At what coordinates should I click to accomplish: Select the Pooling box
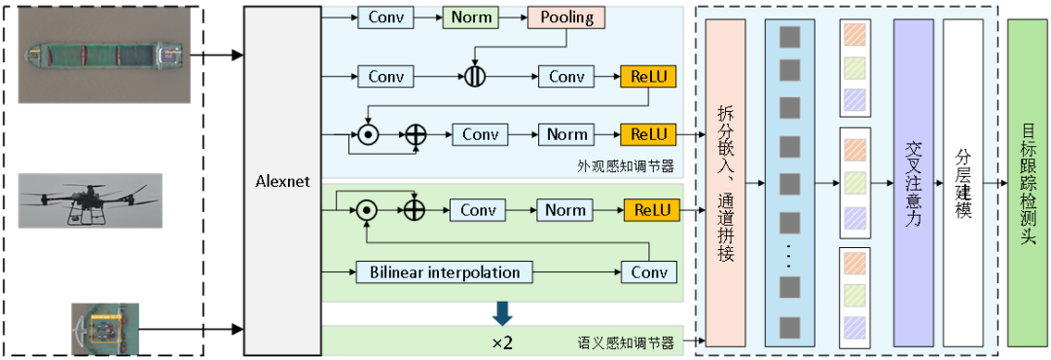point(566,18)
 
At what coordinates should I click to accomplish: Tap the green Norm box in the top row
point(471,18)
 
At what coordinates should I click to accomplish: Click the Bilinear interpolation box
point(445,272)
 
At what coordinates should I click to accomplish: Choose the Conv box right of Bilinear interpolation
point(649,272)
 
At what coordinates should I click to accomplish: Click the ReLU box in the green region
point(649,210)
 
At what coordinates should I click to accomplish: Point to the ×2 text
point(502,342)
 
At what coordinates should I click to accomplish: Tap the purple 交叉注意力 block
point(913,181)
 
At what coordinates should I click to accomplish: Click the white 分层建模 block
point(963,181)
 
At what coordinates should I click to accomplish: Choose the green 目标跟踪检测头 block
point(1028,181)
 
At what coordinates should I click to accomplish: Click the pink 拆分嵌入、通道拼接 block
point(725,181)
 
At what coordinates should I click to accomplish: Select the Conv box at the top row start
point(386,18)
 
